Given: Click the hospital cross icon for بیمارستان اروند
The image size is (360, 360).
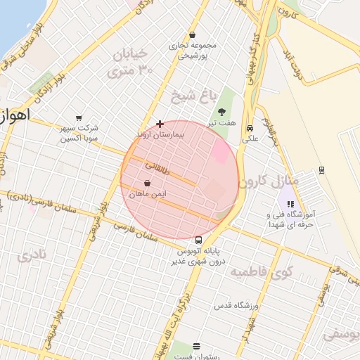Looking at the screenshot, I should point(160,124).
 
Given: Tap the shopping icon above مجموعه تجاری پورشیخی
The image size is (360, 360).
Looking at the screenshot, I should point(192,35).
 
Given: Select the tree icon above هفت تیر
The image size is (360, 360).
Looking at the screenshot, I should point(221,112).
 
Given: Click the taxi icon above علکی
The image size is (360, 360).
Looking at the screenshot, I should point(250,128).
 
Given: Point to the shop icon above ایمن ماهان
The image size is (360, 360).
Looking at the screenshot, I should point(146,183).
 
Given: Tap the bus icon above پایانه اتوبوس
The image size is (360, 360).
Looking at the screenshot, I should point(198,240).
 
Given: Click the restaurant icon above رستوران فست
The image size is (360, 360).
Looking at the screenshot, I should point(196,346).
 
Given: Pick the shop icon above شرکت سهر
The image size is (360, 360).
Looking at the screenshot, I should point(79,117).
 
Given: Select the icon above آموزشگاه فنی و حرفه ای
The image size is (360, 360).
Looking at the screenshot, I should point(291,204).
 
